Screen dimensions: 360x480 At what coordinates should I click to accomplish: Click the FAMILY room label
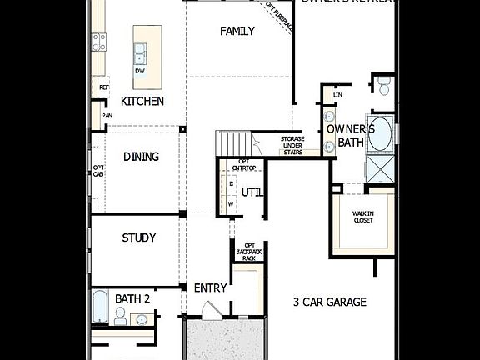click(237, 31)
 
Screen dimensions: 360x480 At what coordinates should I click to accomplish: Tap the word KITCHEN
click(142, 101)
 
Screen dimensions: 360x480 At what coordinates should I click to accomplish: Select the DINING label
click(141, 157)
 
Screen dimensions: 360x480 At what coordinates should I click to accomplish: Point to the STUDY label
click(139, 237)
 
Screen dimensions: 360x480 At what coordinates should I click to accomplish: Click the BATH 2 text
click(132, 297)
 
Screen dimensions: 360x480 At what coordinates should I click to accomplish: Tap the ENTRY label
click(210, 287)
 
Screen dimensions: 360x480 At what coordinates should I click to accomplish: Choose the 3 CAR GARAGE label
click(330, 302)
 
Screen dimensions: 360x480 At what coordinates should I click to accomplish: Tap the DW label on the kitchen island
click(140, 70)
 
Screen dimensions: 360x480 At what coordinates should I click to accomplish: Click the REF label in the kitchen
click(104, 87)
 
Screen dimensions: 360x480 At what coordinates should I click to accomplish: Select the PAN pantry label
click(107, 116)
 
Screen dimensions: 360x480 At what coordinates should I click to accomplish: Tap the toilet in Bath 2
click(120, 315)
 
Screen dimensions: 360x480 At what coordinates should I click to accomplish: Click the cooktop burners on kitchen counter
click(99, 39)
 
